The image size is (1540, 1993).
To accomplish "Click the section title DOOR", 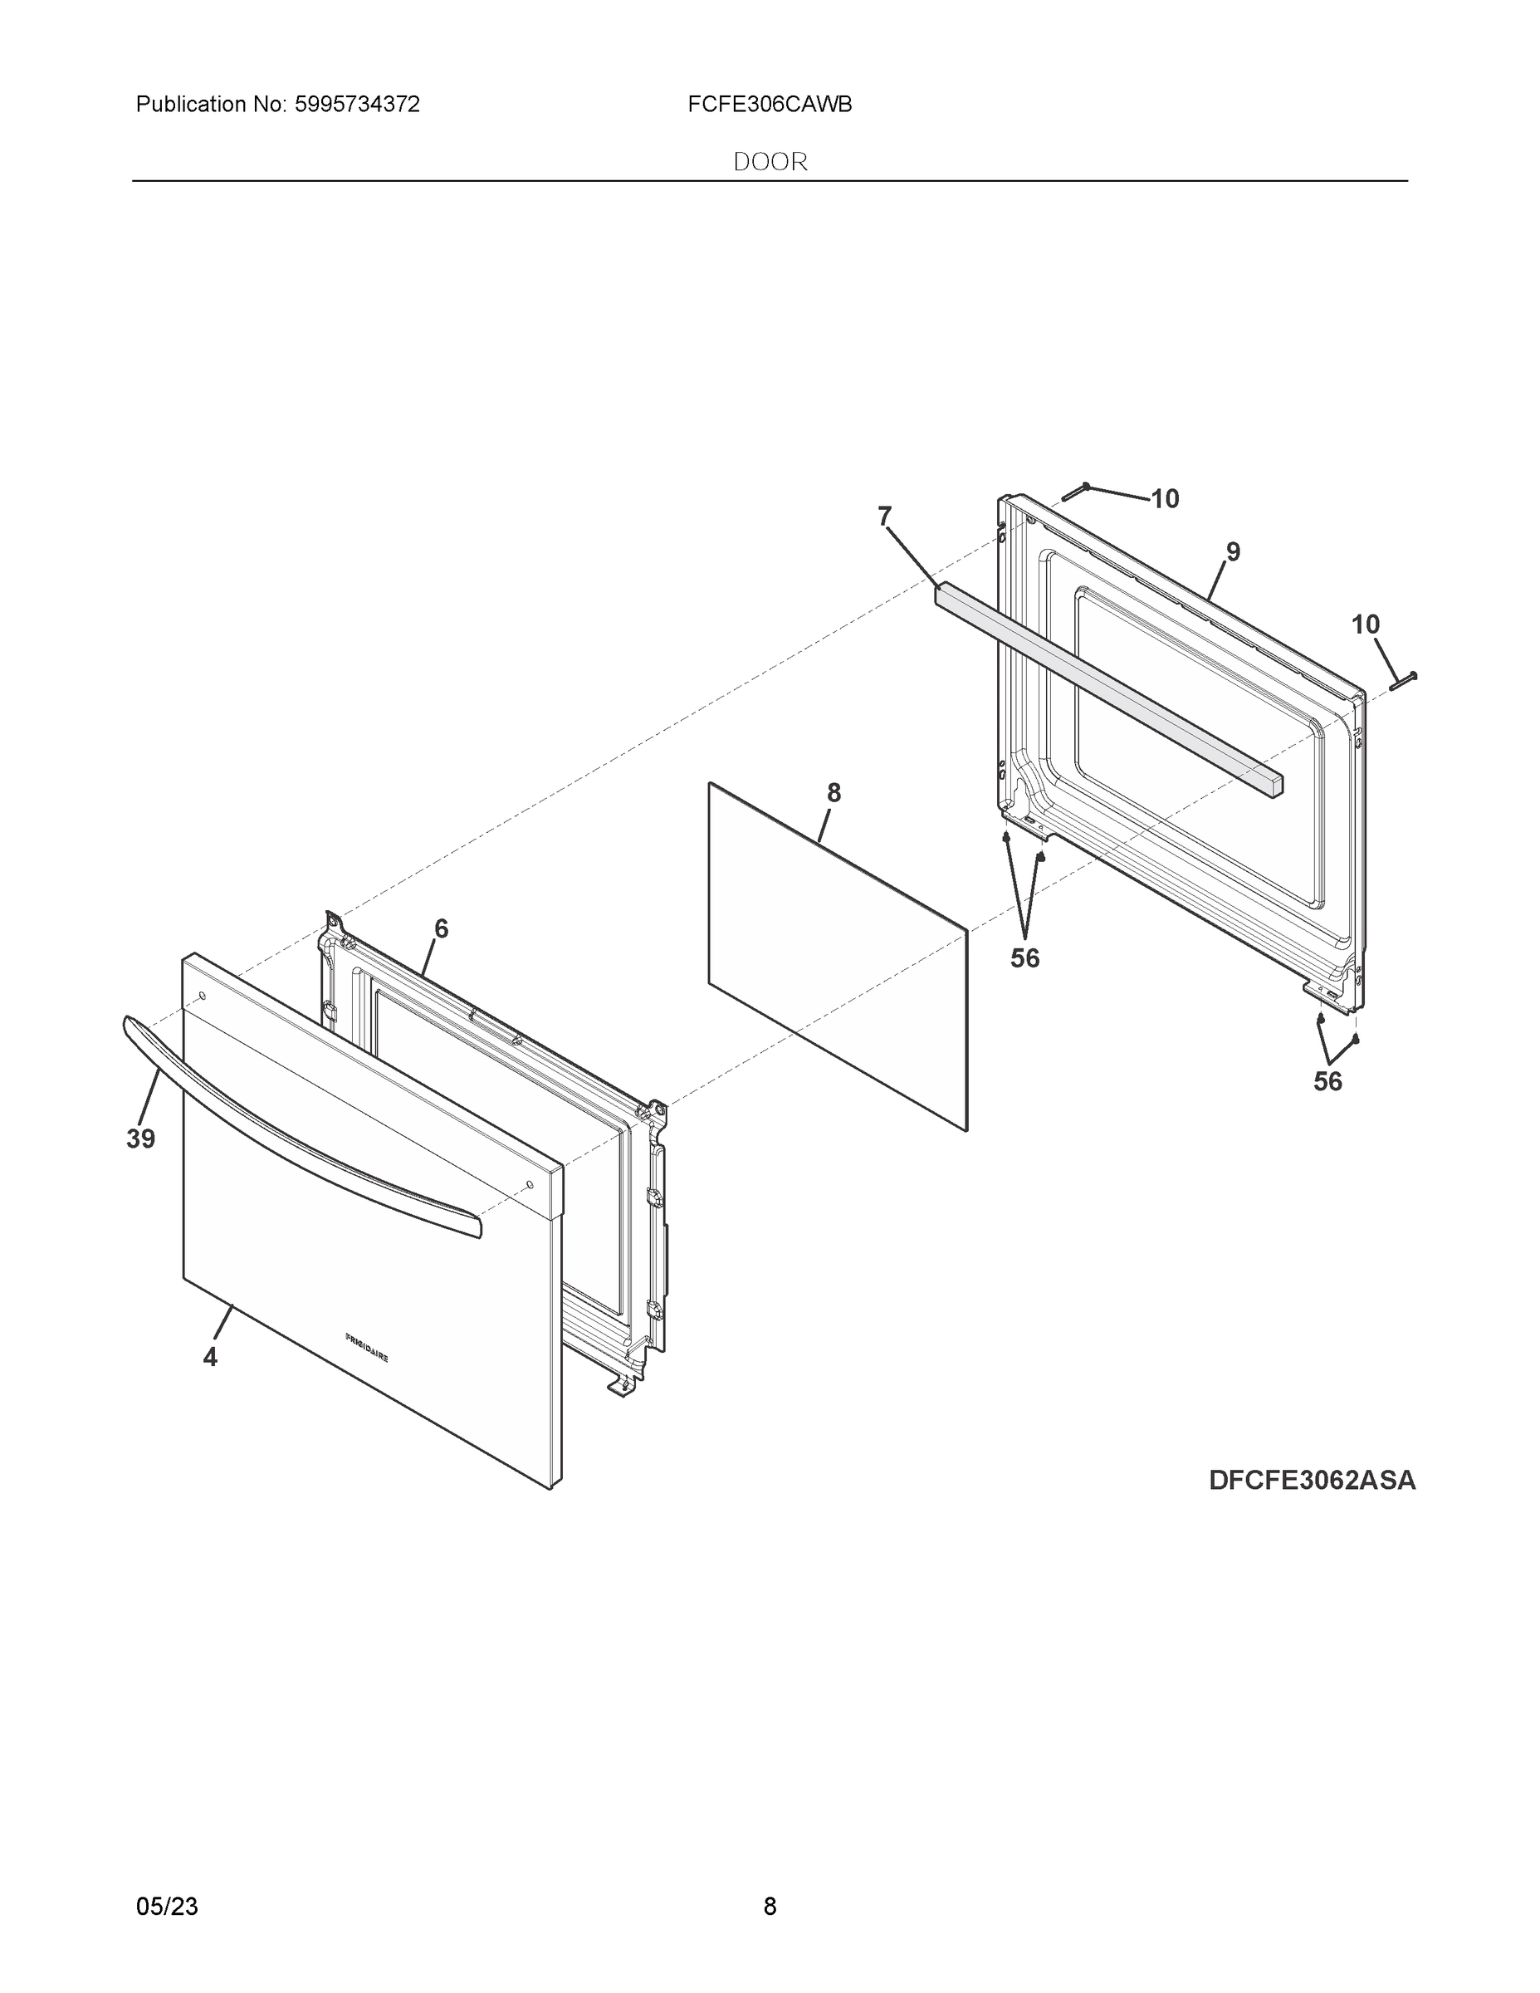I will pos(770,163).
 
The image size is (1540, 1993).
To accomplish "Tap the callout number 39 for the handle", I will pos(140,1139).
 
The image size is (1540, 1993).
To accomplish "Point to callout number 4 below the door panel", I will pos(210,1358).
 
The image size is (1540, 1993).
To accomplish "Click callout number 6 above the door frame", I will pos(441,929).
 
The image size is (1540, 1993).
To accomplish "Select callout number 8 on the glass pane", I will pos(833,793).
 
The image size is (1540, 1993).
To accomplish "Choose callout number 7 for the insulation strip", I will pos(883,517).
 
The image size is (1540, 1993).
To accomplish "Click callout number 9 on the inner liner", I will pos(1233,551).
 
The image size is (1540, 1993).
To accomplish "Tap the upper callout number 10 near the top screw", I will pos(1164,499).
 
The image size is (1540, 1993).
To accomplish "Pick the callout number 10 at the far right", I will pos(1365,625).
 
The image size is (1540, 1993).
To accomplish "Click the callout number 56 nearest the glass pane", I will pos(1024,958).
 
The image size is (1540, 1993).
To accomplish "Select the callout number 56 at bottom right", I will pos(1327,1081).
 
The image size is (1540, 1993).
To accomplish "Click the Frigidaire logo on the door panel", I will pos(367,1348).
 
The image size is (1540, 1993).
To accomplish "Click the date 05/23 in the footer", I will pos(167,1906).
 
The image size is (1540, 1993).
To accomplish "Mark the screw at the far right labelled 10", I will pos(1403,680).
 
